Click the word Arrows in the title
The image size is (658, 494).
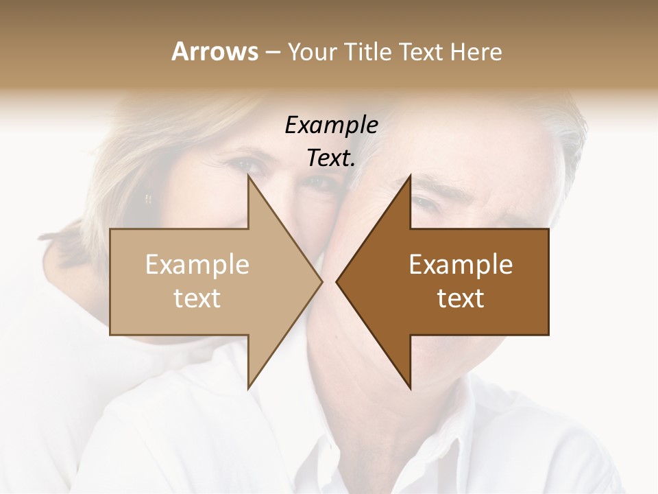(215, 51)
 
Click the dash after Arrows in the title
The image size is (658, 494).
(272, 53)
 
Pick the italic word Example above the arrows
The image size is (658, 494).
(331, 126)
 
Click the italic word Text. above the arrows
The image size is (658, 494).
(331, 158)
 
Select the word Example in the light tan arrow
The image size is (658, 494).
(197, 265)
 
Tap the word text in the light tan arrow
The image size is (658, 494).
(197, 298)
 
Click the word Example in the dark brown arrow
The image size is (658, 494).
(461, 265)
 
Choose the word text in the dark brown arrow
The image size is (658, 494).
(461, 298)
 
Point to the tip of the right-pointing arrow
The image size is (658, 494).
(321, 281)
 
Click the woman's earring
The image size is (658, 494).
(148, 199)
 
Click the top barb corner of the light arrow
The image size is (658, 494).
(249, 176)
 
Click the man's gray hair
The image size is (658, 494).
(548, 137)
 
